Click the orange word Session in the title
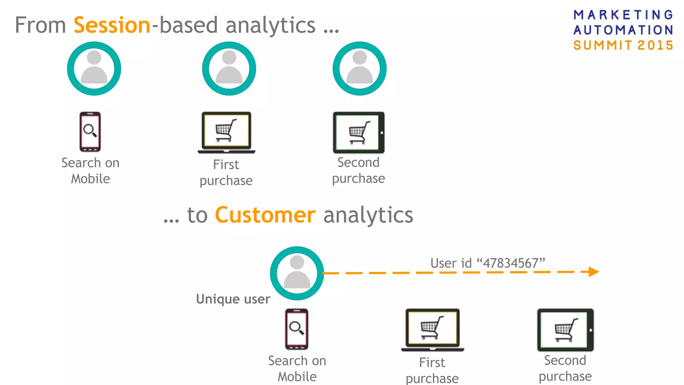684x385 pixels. (112, 25)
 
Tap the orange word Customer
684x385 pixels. (265, 215)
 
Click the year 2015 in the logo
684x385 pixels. (655, 45)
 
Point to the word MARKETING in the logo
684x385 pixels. (623, 15)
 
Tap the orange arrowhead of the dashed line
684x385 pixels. (593, 272)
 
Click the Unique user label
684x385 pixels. (233, 299)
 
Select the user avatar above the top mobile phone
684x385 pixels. (94, 69)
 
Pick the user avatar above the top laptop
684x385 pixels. (229, 69)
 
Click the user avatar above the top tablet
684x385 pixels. (360, 69)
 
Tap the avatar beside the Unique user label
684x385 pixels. (297, 273)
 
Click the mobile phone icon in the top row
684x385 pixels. (90, 132)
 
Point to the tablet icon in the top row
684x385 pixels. (359, 133)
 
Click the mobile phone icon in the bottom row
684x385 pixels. (297, 329)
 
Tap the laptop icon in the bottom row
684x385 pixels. (433, 330)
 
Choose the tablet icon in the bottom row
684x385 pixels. (565, 330)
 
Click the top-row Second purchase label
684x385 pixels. (358, 170)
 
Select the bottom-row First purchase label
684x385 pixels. (432, 370)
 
